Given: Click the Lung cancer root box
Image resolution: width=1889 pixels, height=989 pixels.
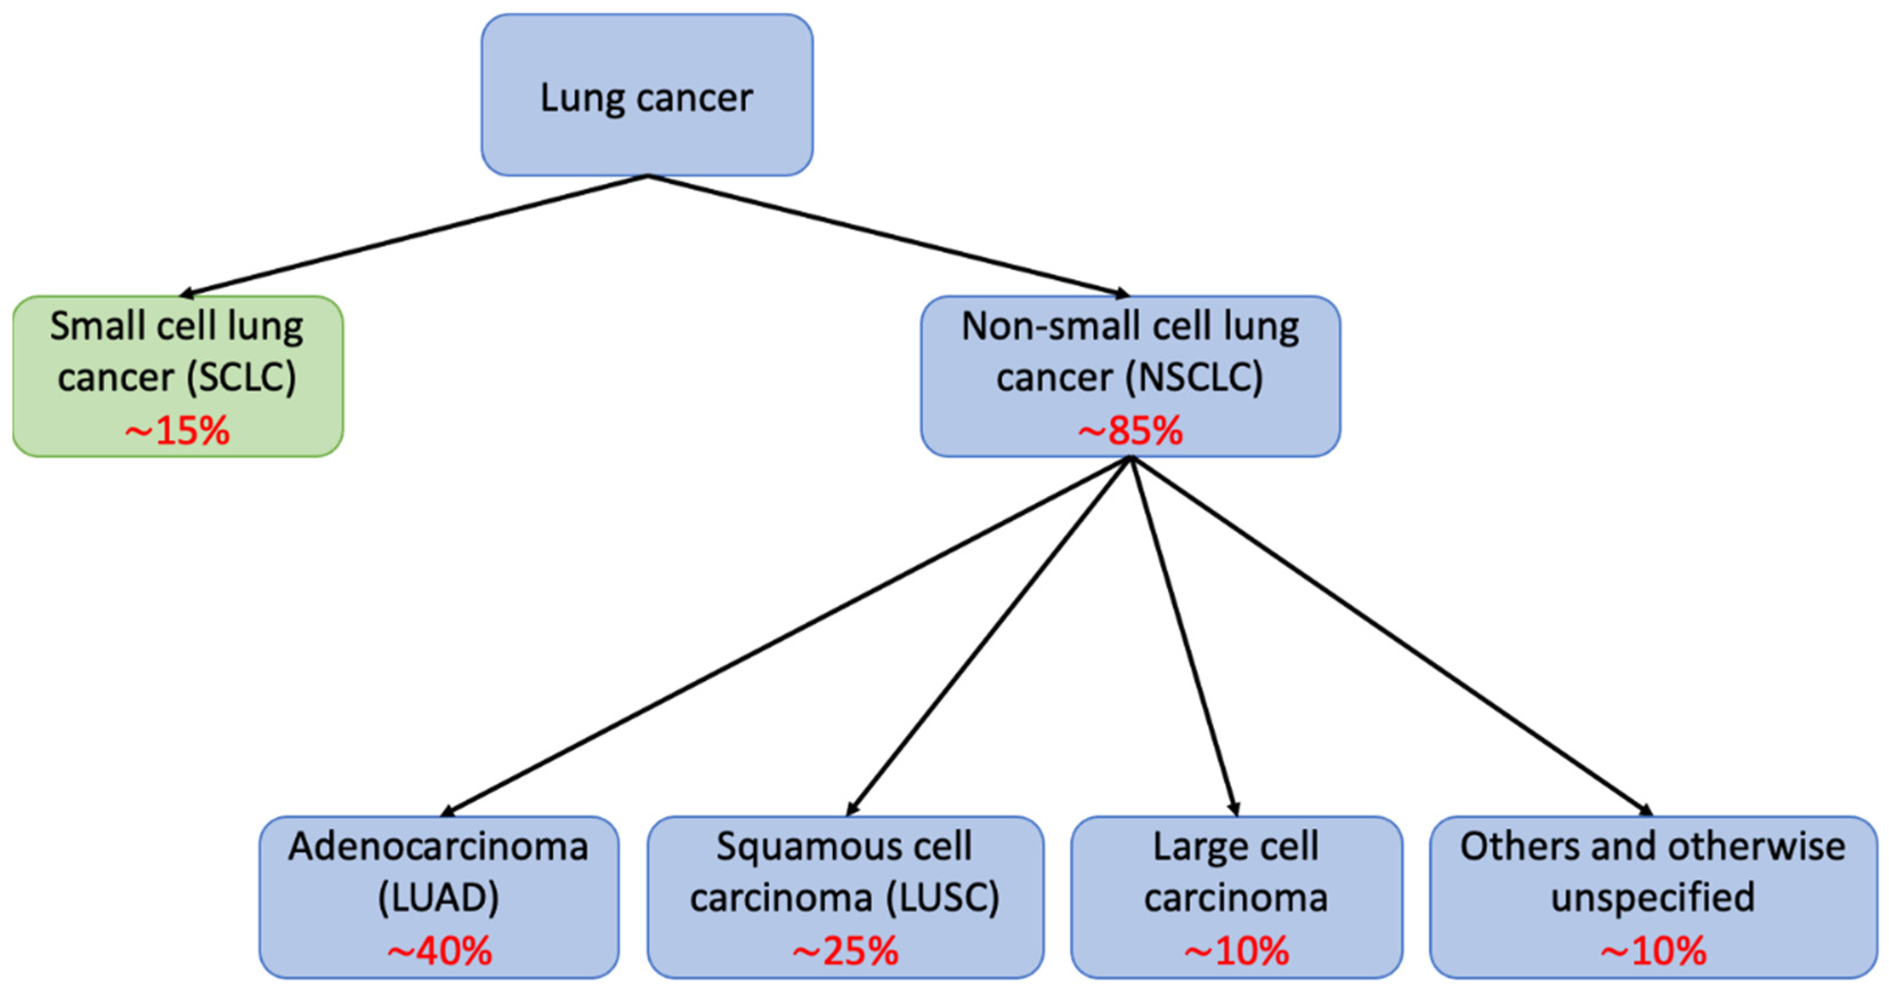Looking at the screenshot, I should click(647, 95).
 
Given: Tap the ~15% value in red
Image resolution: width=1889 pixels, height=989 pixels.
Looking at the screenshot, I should click(177, 430).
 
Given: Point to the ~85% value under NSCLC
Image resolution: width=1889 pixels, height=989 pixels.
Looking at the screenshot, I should click(1130, 430).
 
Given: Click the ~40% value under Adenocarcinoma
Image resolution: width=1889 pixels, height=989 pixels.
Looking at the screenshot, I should click(439, 951).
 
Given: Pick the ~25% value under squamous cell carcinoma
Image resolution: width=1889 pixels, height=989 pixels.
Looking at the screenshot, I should click(845, 951).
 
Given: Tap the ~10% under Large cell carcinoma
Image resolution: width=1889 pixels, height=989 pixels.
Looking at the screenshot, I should click(1237, 951).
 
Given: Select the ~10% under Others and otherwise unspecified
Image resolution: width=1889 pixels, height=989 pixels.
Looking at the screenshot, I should click(1653, 951).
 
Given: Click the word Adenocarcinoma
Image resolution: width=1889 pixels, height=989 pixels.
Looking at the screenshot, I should click(439, 846).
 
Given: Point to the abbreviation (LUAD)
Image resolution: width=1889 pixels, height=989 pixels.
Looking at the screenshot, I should click(439, 897).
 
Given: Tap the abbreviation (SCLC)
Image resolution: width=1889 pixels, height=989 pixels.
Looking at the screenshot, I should click(241, 377).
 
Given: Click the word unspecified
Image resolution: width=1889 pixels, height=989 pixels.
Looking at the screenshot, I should click(1653, 897).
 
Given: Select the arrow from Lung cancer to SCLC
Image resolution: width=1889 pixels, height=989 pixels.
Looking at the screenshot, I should click(414, 235).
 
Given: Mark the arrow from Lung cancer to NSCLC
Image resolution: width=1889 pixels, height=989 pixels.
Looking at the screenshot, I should click(887, 235).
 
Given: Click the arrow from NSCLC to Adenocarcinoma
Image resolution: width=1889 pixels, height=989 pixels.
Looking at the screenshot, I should click(785, 636).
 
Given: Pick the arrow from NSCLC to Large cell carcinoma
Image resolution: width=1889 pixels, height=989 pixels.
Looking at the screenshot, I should click(1183, 636).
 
